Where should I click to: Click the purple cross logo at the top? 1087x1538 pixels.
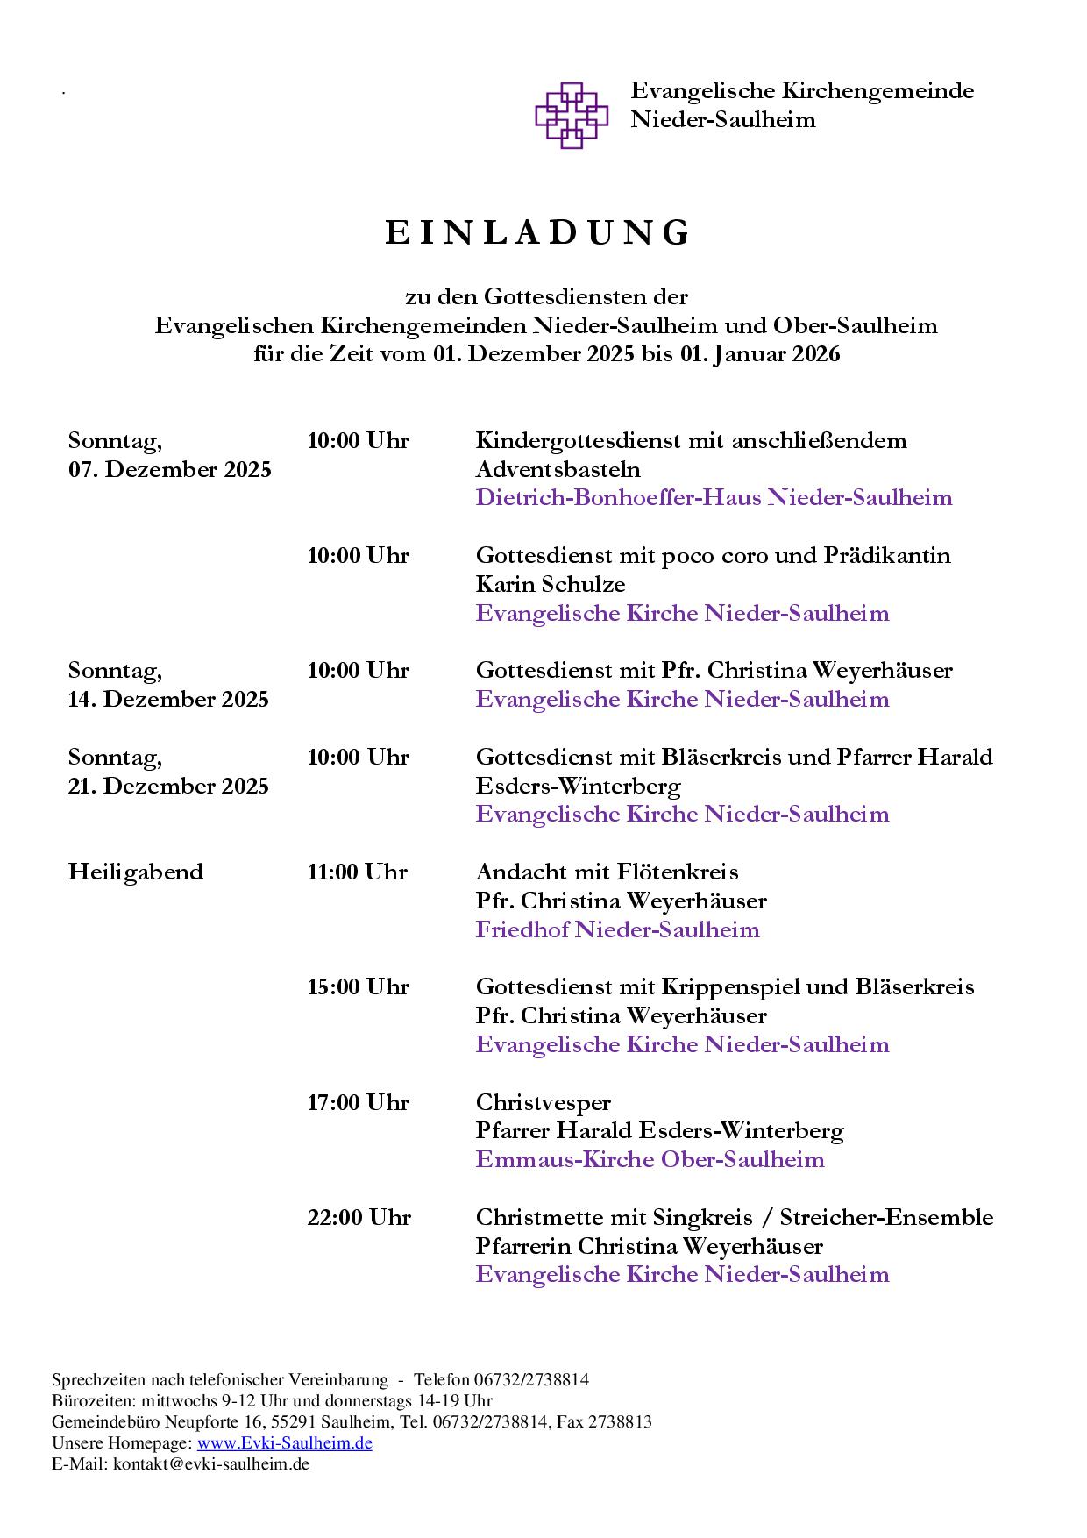(x=572, y=115)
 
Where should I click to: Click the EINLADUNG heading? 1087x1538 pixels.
(x=538, y=233)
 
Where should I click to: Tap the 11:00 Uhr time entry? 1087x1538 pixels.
(x=358, y=872)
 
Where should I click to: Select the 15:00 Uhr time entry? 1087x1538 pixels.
(x=358, y=986)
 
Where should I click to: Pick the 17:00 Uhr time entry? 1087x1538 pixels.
(x=358, y=1102)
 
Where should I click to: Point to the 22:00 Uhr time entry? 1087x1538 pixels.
(x=359, y=1217)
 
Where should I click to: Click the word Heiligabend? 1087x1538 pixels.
(x=136, y=872)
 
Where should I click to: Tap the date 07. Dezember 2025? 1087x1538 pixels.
(x=170, y=469)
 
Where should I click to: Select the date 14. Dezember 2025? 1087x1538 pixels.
(x=168, y=699)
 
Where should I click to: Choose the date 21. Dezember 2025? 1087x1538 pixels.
(x=168, y=786)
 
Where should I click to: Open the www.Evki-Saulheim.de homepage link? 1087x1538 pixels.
(x=284, y=1442)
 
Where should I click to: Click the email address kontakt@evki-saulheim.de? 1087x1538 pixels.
(x=211, y=1463)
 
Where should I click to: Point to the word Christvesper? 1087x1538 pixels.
(x=543, y=1102)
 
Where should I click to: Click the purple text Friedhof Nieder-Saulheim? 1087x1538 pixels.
(x=617, y=929)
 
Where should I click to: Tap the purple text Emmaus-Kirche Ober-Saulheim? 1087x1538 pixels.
(x=650, y=1159)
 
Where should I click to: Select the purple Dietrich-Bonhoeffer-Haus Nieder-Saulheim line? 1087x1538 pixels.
(x=714, y=498)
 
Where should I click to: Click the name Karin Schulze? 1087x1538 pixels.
(x=551, y=584)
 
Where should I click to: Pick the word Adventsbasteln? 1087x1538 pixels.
(x=558, y=469)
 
